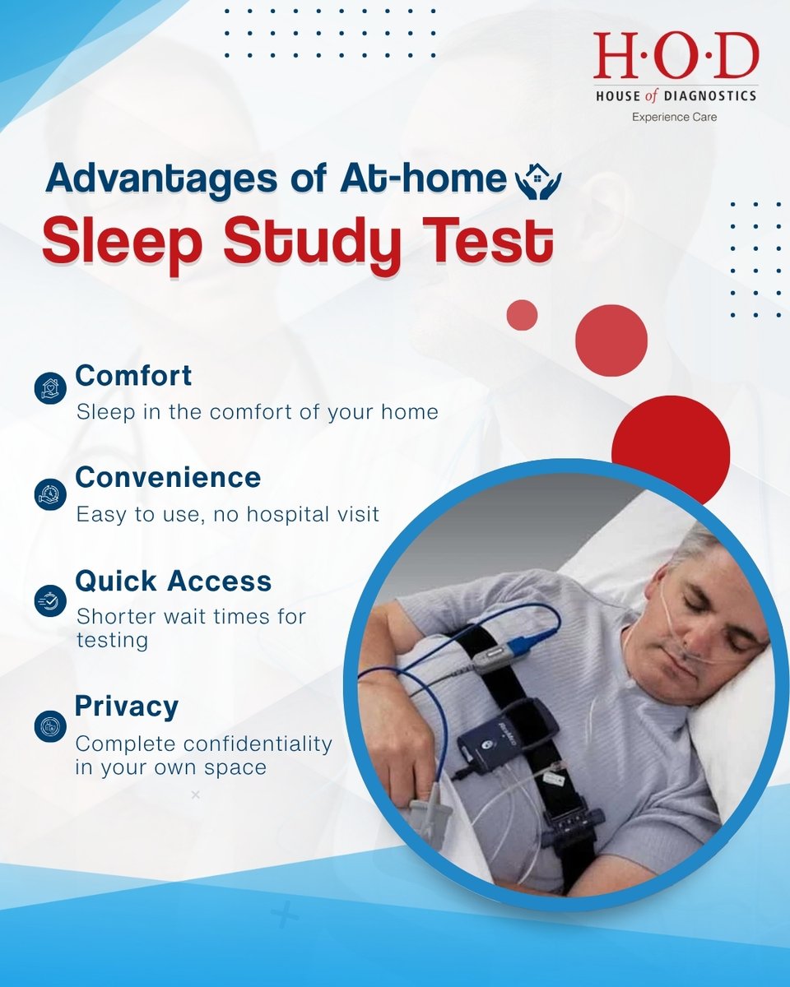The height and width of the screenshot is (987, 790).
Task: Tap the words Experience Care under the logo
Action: pyautogui.click(x=674, y=118)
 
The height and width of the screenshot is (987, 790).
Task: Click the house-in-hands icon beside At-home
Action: pyautogui.click(x=537, y=182)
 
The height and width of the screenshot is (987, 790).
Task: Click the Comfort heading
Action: pyautogui.click(x=133, y=376)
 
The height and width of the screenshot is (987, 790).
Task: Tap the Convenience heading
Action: pyautogui.click(x=168, y=478)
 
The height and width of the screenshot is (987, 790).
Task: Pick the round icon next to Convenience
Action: pyautogui.click(x=50, y=493)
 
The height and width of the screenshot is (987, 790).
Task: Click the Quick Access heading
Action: pyautogui.click(x=173, y=582)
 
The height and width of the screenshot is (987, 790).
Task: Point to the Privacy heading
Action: pyautogui.click(x=127, y=706)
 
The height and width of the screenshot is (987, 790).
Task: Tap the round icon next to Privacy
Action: pyautogui.click(x=50, y=725)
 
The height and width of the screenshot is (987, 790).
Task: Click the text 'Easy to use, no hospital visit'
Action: pyautogui.click(x=228, y=515)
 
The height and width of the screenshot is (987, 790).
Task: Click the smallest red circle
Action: pyautogui.click(x=522, y=315)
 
